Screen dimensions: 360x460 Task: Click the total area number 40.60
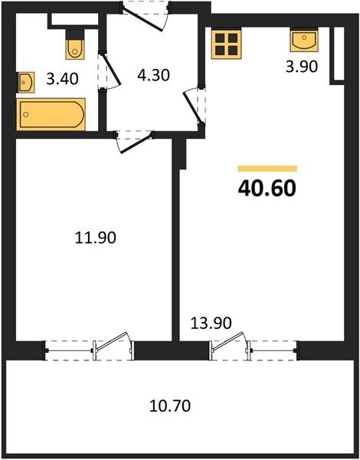(267, 188)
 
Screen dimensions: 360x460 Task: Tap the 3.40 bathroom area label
(62, 79)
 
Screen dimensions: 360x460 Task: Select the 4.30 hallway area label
(154, 75)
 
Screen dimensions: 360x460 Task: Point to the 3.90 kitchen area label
(302, 67)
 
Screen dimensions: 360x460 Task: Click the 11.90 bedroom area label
(96, 238)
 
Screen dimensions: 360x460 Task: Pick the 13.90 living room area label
(211, 323)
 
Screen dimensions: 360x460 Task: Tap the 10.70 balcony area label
(170, 406)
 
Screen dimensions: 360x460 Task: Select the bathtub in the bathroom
(51, 114)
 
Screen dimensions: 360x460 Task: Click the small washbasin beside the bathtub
(26, 83)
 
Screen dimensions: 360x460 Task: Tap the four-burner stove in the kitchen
(226, 44)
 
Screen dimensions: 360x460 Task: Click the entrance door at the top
(145, 17)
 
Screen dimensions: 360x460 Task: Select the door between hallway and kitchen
(194, 106)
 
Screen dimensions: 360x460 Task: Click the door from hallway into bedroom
(134, 143)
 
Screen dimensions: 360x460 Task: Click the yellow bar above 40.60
(267, 169)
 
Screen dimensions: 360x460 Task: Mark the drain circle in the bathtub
(26, 114)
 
